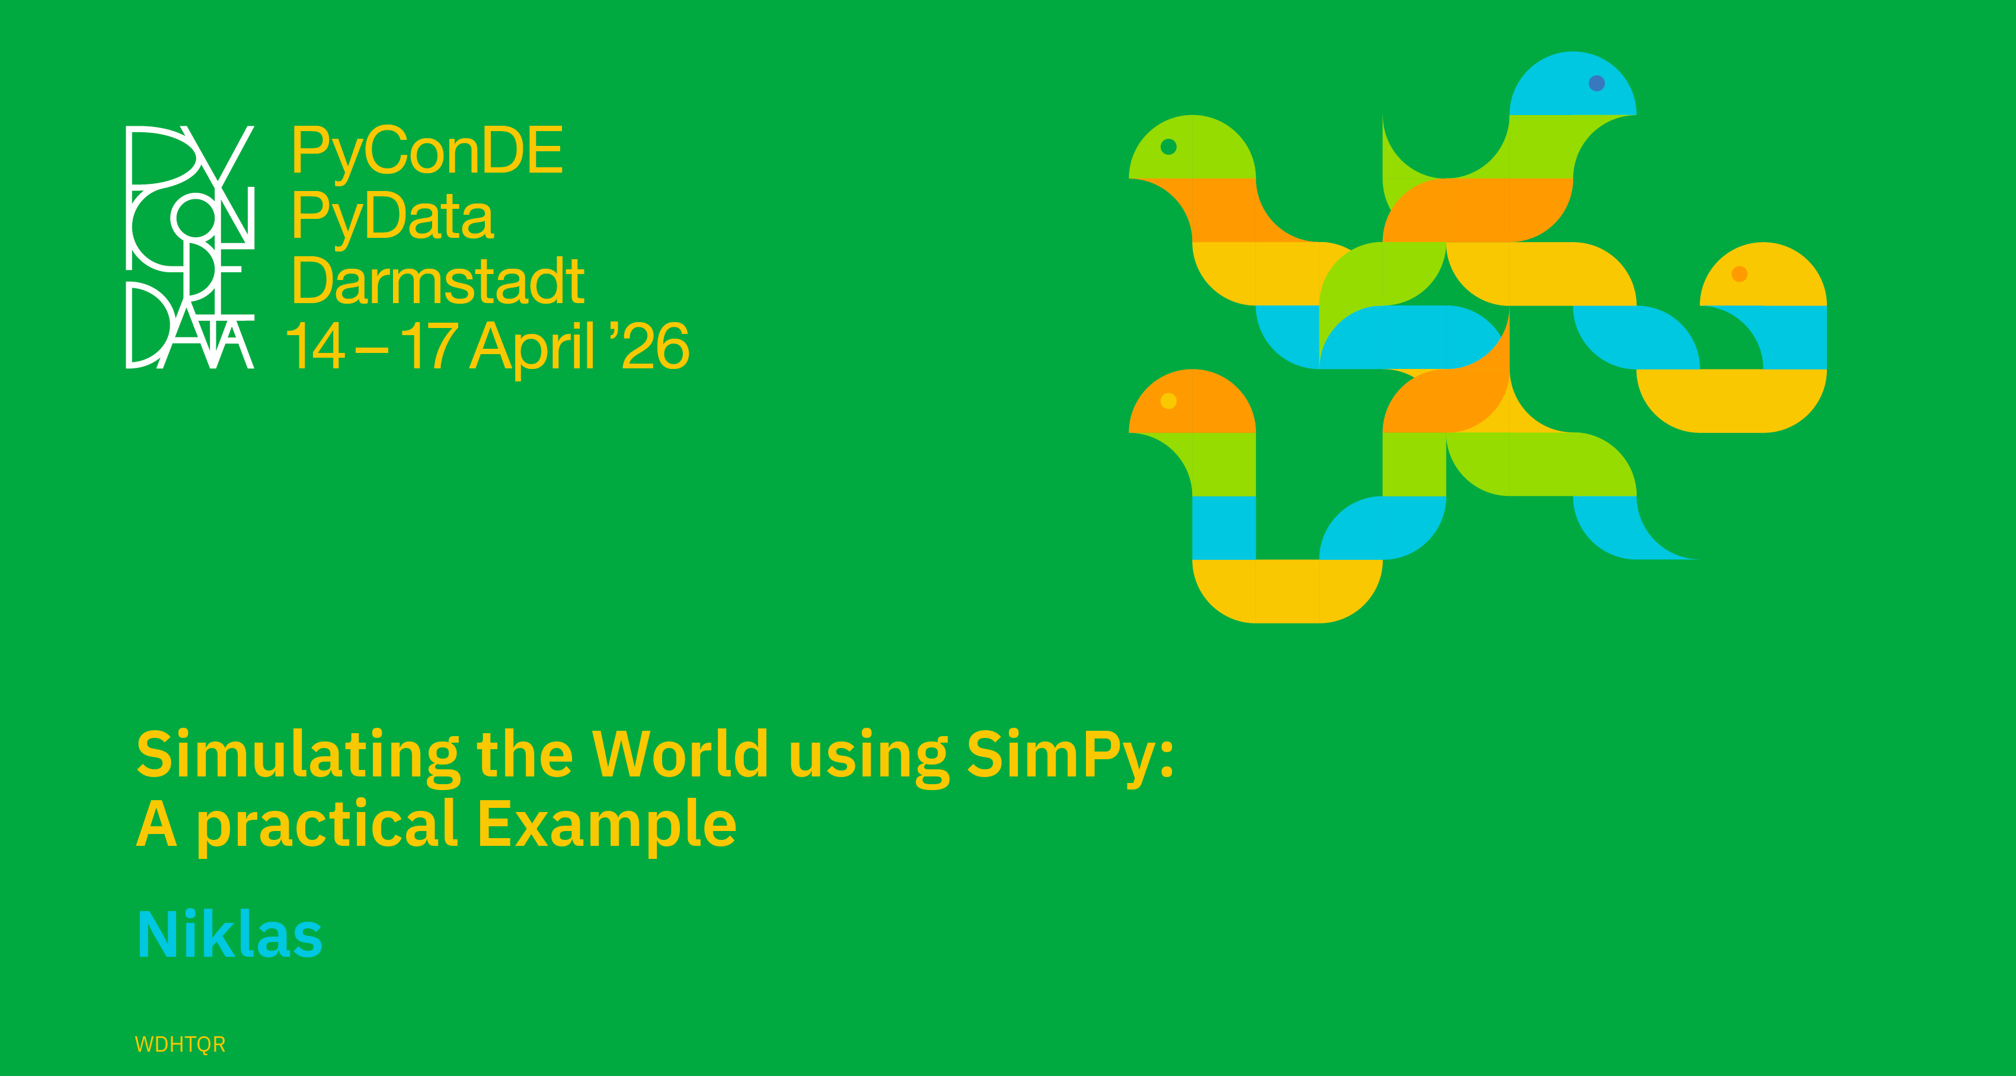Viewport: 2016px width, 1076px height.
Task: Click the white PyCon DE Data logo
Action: tap(190, 247)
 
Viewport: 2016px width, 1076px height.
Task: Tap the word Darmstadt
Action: tap(438, 281)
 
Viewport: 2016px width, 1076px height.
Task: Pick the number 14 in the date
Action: tap(315, 345)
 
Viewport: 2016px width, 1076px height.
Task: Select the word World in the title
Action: tap(679, 754)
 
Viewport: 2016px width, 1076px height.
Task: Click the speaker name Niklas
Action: tap(229, 934)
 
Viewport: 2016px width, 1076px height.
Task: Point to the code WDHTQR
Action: tap(180, 1045)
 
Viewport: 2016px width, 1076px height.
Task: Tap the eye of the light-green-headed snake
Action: tap(1168, 147)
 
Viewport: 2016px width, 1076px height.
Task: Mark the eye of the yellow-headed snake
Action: tap(1740, 274)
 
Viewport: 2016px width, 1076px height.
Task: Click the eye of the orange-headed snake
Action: tap(1168, 401)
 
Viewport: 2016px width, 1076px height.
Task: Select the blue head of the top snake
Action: tap(1572, 85)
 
